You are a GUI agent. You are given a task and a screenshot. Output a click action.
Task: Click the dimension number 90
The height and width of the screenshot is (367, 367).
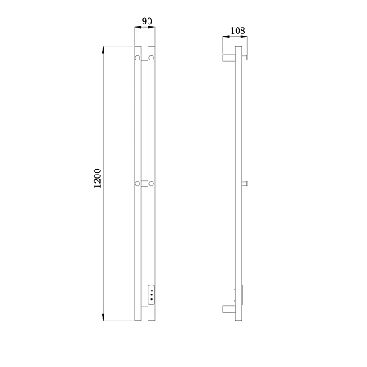coord(147,21)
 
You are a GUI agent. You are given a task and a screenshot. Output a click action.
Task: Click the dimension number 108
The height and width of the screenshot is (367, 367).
coord(237,31)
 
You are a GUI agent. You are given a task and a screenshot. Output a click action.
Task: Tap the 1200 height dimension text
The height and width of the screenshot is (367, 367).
coord(97,178)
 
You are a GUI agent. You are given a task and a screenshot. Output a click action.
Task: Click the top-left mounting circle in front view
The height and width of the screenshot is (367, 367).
coord(138,58)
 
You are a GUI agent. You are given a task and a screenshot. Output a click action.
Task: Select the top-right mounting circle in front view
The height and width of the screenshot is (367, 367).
coord(152,58)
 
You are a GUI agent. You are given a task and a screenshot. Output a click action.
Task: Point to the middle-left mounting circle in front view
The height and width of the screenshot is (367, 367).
coord(138,183)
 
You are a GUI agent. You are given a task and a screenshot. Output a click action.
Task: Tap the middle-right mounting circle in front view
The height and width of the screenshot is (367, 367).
coord(152,183)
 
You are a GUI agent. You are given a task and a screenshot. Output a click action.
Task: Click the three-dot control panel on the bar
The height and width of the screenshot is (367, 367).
coord(152,294)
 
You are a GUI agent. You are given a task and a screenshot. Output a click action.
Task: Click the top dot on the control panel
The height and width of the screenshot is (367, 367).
coord(152,290)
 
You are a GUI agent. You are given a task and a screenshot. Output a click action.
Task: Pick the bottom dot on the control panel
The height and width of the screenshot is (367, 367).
coord(152,299)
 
